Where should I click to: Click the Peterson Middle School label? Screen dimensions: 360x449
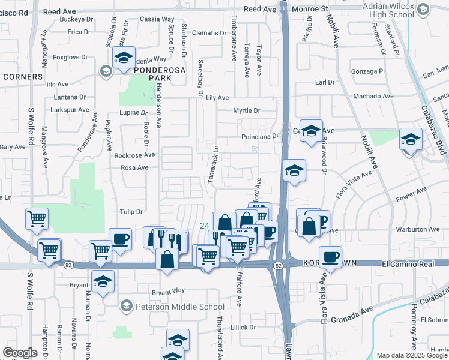pyautogui.click(x=179, y=307)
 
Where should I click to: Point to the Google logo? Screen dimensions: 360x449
pyautogui.click(x=20, y=353)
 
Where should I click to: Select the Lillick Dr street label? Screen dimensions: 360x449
pyautogui.click(x=243, y=328)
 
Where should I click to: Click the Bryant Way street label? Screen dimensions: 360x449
pyautogui.click(x=167, y=292)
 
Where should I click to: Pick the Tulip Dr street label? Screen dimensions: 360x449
pyautogui.click(x=130, y=211)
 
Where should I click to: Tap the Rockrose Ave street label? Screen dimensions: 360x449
pyautogui.click(x=134, y=155)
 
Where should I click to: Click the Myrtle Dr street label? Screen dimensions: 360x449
pyautogui.click(x=247, y=110)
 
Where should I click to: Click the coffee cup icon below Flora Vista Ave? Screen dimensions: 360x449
pyautogui.click(x=330, y=257)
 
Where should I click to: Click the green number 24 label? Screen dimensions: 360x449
pyautogui.click(x=204, y=226)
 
